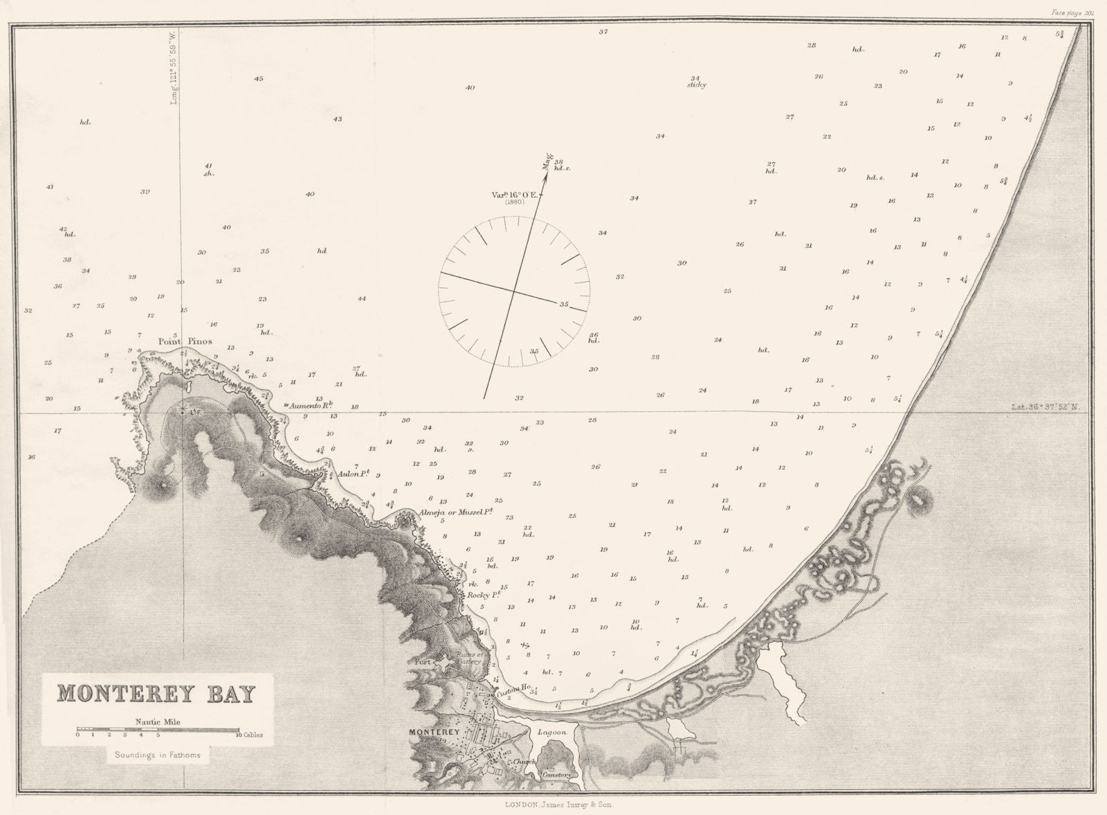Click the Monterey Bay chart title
point(156,693)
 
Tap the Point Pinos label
point(184,341)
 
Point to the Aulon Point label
point(354,474)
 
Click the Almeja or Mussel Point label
point(456,512)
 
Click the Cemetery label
point(558,774)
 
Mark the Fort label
point(422,662)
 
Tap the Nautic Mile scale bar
point(158,729)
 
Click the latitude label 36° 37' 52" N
point(1045,407)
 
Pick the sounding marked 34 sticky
point(696,81)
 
